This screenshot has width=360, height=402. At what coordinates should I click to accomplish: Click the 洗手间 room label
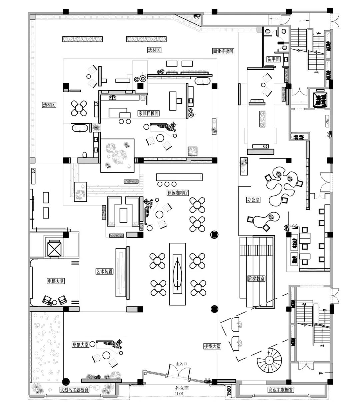(273, 59)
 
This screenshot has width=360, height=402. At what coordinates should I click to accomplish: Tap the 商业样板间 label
(223, 51)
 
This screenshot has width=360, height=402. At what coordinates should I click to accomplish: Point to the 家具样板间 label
(148, 113)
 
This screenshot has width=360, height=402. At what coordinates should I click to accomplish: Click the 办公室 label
(254, 200)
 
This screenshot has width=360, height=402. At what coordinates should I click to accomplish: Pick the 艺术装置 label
(104, 272)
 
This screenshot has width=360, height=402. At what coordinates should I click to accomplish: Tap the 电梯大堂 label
(56, 281)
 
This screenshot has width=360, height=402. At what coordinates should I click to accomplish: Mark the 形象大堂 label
(80, 345)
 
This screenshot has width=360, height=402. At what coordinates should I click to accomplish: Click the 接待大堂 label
(212, 346)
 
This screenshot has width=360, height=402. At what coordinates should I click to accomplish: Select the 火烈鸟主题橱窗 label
(74, 390)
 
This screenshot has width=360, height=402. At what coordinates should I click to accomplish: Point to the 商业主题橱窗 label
(281, 390)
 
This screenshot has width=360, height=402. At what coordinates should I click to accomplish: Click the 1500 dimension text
(229, 391)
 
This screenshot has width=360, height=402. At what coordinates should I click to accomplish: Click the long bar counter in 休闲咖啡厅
(180, 177)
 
